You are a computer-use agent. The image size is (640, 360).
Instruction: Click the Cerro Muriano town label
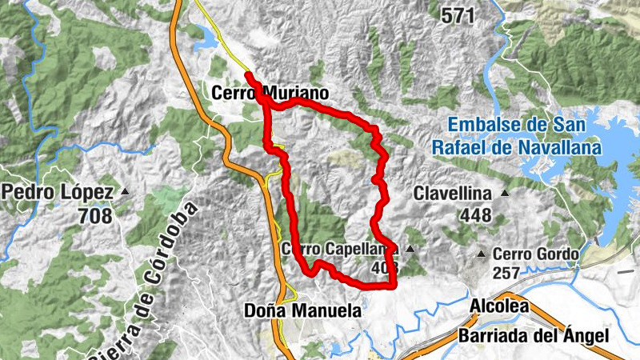click(x=260, y=93)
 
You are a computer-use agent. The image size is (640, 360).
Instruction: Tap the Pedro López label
click(x=60, y=193)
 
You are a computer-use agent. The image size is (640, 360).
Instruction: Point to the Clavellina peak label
click(x=453, y=193)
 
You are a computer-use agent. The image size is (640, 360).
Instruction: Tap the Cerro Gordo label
click(x=534, y=254)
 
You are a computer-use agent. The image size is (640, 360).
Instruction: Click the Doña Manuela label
click(x=302, y=310)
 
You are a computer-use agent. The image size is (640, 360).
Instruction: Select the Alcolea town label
click(x=498, y=306)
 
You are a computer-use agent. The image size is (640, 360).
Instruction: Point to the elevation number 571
click(x=457, y=14)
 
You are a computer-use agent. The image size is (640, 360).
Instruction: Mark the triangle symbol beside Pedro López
click(x=125, y=193)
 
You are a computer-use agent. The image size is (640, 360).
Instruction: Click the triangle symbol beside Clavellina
click(x=504, y=193)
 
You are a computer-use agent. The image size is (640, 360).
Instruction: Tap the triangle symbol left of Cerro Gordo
click(x=481, y=254)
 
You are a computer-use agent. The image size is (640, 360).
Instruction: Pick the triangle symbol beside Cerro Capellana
click(x=410, y=250)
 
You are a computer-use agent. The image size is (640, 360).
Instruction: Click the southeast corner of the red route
click(x=394, y=284)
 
